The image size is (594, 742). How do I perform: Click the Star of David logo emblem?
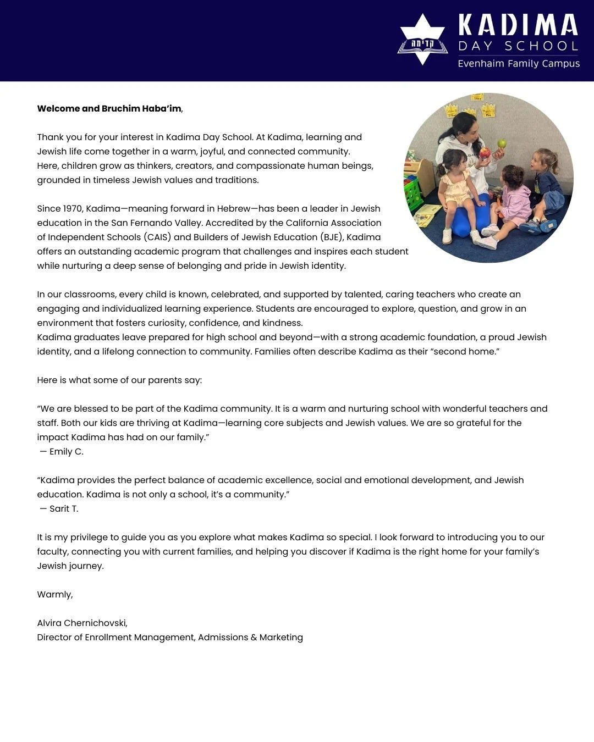(422, 40)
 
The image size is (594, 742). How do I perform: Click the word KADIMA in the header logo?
(518, 25)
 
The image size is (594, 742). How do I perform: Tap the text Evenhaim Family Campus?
(518, 64)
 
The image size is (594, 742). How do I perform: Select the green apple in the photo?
(502, 143)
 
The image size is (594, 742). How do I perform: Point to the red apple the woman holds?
(485, 153)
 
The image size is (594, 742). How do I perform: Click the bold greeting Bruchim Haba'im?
(141, 109)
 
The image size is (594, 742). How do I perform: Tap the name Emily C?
(66, 452)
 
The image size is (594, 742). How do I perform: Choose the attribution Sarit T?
(64, 509)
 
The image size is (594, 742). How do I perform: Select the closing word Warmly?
(54, 595)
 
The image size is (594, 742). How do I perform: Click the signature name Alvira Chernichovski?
(82, 623)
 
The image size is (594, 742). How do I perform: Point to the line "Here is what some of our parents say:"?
(119, 380)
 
